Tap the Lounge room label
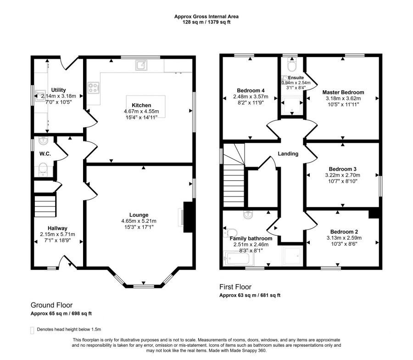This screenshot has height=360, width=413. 139,215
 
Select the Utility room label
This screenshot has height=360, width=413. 58,90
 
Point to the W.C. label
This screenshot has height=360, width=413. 45,154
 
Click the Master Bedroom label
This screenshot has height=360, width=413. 343,92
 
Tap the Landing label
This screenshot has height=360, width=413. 288,154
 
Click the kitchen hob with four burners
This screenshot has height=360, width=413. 94,88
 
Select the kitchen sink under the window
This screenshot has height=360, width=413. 141,65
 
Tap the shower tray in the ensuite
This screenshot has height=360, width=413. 292,105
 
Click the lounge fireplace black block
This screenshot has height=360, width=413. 188,217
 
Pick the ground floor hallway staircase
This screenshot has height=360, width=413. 45,206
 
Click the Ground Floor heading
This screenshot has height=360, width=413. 51,305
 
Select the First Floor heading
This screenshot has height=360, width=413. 235,287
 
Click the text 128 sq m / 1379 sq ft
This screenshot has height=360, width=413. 206,22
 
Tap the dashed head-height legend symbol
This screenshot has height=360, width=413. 32,331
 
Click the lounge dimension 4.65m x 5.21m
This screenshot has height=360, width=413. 139,221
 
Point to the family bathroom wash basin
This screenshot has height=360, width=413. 248,215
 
